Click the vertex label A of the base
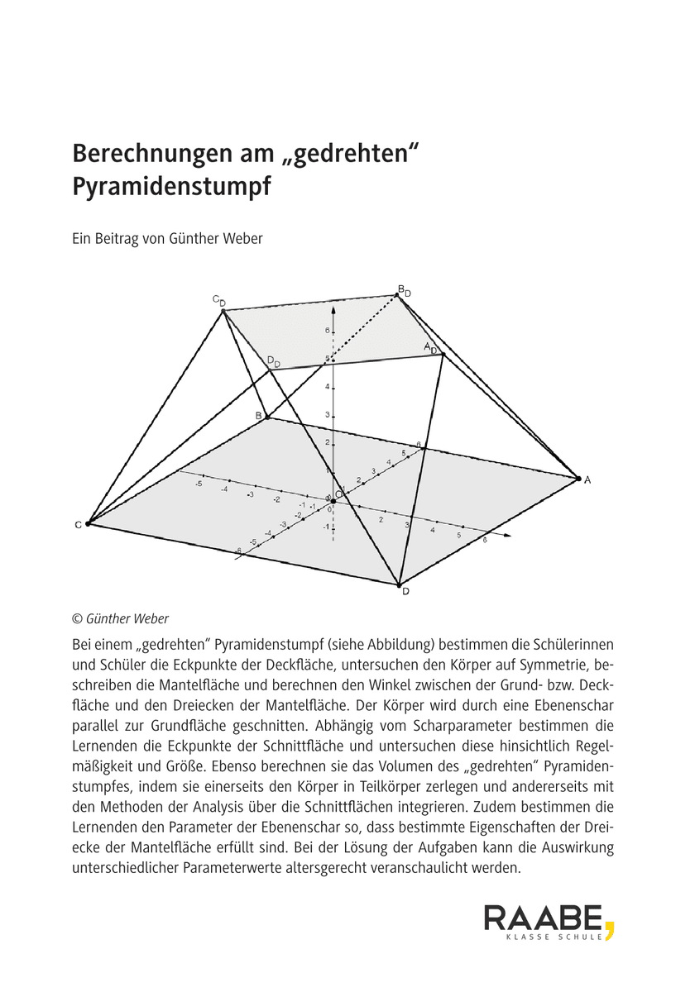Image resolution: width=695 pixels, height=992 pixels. [587, 479]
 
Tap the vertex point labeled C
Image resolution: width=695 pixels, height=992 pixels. [87, 524]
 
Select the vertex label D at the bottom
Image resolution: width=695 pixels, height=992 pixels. [405, 591]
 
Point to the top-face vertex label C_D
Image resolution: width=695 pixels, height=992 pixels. [218, 301]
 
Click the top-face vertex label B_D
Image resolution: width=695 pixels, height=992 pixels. [404, 290]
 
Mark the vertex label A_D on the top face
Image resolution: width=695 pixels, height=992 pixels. [430, 348]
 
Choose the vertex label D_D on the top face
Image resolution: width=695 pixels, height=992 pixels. [274, 362]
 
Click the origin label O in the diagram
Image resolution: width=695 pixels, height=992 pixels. [339, 494]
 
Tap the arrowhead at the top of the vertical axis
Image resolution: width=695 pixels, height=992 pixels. [333, 308]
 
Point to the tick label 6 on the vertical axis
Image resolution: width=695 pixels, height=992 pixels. [327, 331]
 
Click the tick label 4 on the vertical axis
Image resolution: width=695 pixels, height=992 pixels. [327, 387]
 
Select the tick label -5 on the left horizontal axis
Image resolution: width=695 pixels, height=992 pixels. [199, 483]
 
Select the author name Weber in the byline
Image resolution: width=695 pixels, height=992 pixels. [241, 240]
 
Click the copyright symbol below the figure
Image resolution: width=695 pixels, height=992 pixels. [78, 618]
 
